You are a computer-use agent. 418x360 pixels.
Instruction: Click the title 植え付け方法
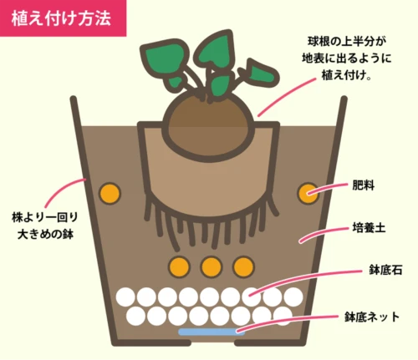tap(61, 19)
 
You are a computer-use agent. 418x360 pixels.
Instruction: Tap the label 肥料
tap(363, 185)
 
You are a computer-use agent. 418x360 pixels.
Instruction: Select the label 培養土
tap(369, 228)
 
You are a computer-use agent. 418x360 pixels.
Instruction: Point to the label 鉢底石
tap(385, 270)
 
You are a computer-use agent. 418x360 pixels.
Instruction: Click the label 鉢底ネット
tap(372, 317)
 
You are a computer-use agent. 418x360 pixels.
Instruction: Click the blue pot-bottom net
tap(212, 332)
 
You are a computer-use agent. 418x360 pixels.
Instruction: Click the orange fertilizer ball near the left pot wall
tap(110, 193)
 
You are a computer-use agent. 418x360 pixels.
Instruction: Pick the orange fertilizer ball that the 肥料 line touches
tap(308, 193)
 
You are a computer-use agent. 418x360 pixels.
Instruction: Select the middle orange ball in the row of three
tap(212, 267)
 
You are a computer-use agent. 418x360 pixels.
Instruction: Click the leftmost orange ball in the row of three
tap(179, 267)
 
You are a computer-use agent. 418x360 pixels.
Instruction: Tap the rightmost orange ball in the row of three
tap(243, 267)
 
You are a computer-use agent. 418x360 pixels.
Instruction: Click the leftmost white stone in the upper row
tap(125, 297)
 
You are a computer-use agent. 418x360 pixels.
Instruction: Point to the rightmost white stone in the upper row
tap(293, 297)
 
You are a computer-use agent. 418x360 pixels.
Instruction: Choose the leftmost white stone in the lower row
tap(135, 316)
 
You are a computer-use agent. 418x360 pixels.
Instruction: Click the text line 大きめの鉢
tap(45, 234)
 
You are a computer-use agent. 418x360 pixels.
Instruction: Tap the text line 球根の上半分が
tap(347, 42)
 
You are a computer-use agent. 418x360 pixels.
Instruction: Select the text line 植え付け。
tap(346, 75)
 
